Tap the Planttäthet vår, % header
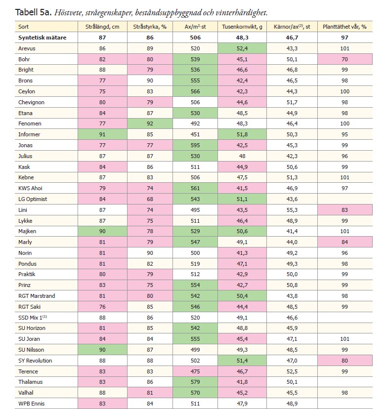point(345,27)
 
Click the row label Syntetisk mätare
point(42,38)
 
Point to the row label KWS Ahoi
point(31,188)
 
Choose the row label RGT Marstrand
point(37,296)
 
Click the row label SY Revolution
point(35,361)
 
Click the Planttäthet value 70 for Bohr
point(345,59)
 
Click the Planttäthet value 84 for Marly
point(345,242)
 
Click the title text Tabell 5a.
point(32,11)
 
